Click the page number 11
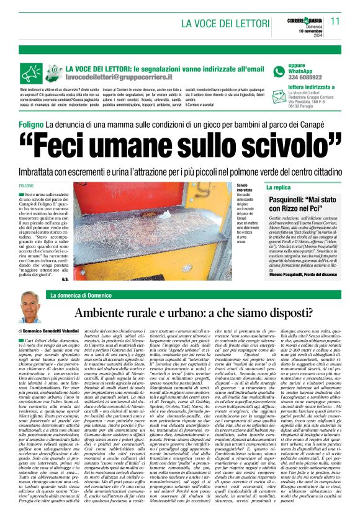point(335,21)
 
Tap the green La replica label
point(278,187)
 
